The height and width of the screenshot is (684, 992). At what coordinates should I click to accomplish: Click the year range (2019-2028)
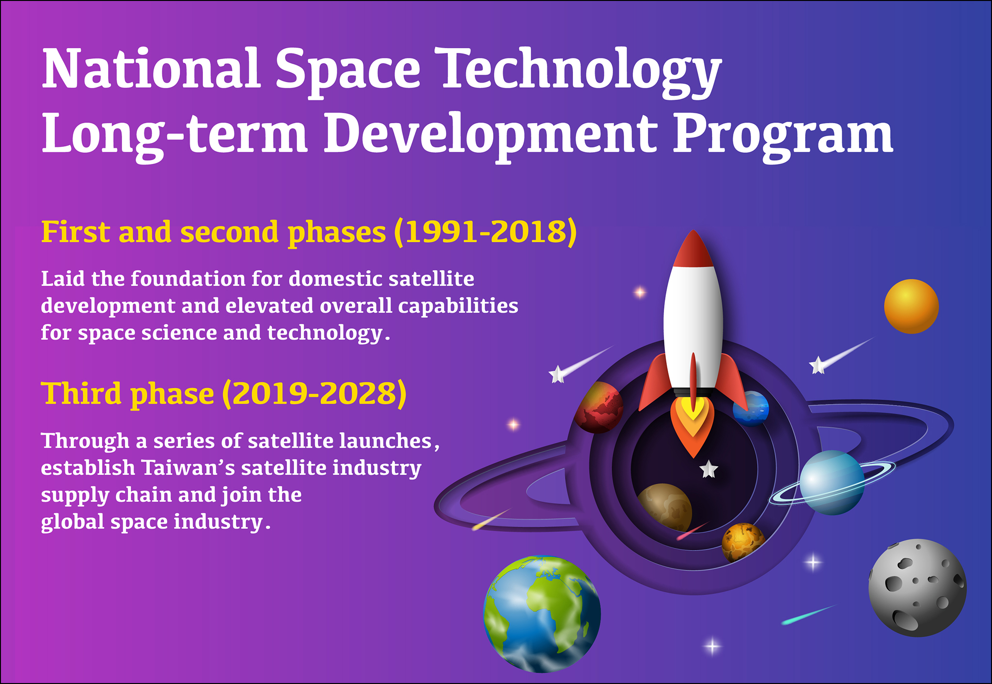click(314, 393)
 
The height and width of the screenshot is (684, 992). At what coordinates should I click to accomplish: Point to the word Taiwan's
click(188, 468)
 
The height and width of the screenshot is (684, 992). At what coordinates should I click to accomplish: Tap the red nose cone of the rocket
click(693, 248)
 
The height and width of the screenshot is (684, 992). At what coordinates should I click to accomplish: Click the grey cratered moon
click(917, 588)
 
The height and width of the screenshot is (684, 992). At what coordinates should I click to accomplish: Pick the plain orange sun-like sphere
click(911, 307)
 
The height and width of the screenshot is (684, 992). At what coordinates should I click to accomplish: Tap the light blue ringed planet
click(832, 482)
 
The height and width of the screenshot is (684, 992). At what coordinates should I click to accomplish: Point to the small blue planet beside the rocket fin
click(751, 409)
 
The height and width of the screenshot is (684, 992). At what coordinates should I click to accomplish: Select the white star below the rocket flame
click(708, 470)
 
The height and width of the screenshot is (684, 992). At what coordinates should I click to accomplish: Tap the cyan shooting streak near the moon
click(809, 615)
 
